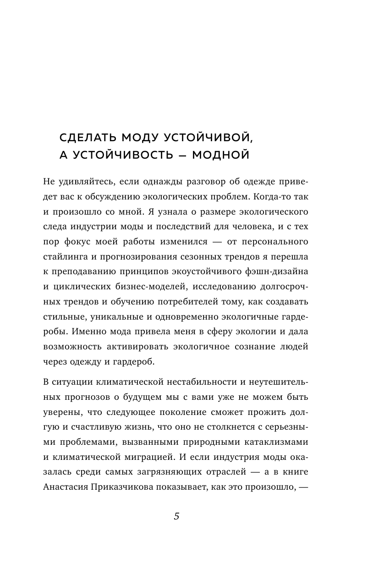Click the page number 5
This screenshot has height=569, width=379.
pos(176,516)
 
